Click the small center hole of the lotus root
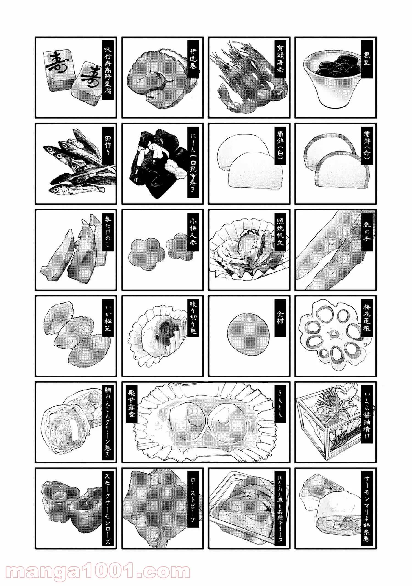coord(334,334)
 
